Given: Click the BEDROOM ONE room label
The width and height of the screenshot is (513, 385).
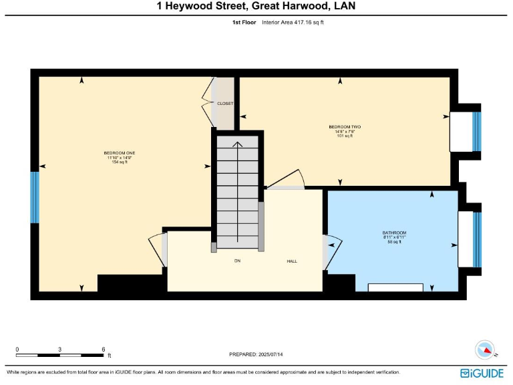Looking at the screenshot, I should pos(120,154).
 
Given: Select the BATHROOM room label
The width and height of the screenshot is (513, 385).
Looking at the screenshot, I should pos(394,233).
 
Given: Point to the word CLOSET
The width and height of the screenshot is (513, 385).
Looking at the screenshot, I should pos(225,104).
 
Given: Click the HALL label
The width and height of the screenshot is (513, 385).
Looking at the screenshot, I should pos(292,261).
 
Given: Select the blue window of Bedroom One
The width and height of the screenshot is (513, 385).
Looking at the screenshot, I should pos(35,197).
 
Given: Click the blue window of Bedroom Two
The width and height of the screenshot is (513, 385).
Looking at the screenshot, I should pos(476,132).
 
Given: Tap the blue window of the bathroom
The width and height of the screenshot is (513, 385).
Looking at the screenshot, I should pos(476,239).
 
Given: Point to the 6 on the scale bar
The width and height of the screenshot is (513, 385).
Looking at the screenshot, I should pos(103,350).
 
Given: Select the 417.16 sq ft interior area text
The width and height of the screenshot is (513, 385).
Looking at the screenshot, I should pos(304,22).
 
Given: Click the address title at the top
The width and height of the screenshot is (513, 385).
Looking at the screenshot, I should pos(256,7).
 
